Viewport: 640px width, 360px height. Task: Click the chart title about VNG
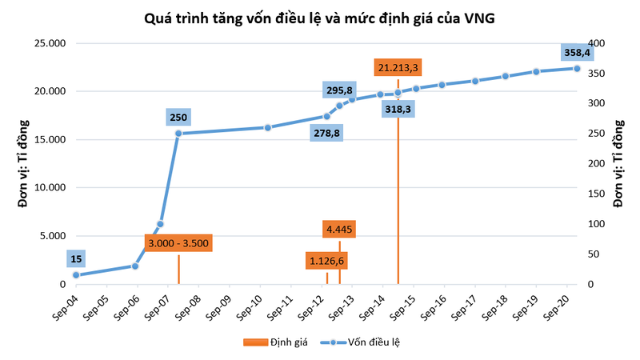point(319,18)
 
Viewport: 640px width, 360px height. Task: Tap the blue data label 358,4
point(576,52)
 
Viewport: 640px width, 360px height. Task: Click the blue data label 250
point(178,118)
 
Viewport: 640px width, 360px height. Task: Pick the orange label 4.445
point(339,230)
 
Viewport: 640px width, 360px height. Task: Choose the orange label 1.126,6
point(326,261)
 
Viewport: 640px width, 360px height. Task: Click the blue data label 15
point(76,258)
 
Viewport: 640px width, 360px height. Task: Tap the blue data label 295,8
point(338,90)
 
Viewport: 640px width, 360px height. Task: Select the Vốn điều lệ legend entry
point(368,342)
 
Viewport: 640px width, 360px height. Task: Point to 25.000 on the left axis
point(50,43)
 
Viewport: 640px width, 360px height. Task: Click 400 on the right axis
point(597,43)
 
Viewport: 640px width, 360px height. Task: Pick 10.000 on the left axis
point(50,188)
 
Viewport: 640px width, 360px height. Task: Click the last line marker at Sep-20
point(577,68)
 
